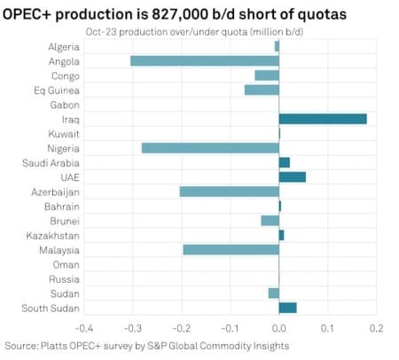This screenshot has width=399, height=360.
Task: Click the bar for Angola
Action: coord(204,60)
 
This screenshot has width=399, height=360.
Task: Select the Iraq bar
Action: coord(323,119)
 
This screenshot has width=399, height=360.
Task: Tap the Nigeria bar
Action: coord(210,147)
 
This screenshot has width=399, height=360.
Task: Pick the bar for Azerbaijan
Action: coord(229,192)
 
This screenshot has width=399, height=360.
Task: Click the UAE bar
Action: coord(292,176)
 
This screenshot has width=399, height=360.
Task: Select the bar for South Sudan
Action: coord(287,308)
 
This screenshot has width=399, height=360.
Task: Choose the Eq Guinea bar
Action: coord(262,90)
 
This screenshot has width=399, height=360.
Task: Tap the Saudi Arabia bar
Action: coord(284,162)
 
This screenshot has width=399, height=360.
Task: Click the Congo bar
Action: coord(266,75)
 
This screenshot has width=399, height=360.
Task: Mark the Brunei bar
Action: coord(270,221)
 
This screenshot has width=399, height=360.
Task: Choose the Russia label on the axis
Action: coord(64,278)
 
